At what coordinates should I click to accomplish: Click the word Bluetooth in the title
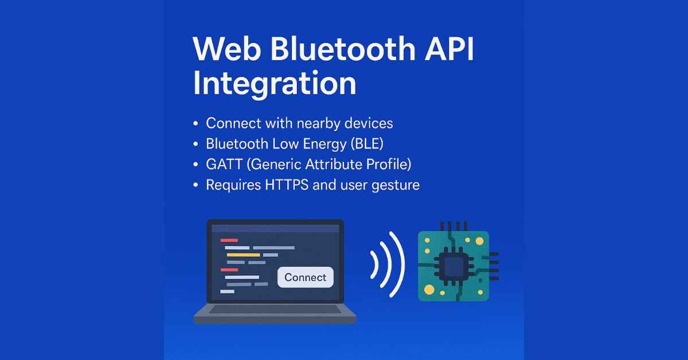point(343,49)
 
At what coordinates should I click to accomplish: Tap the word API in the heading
point(449,50)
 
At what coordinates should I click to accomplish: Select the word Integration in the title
point(275,84)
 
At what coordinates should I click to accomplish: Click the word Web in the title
point(226,50)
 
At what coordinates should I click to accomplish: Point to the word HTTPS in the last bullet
point(287,185)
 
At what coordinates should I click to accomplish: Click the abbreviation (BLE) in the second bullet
point(367,144)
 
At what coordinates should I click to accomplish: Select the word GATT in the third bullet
point(224,165)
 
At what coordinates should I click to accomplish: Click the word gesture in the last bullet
point(396,185)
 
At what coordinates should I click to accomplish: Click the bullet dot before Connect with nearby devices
point(196,123)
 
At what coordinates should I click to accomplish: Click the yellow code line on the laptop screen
point(243,255)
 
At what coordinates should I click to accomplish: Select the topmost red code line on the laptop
point(229,240)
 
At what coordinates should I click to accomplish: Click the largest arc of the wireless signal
point(398,264)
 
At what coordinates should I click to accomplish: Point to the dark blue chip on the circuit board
point(454,266)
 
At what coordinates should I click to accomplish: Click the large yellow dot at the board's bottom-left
point(429,289)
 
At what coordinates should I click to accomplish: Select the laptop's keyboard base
point(275,314)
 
